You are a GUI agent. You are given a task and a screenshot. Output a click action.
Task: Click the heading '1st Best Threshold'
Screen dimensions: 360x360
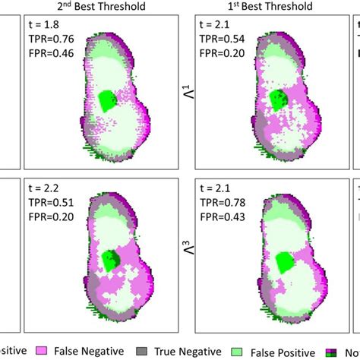coord(263,7)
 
